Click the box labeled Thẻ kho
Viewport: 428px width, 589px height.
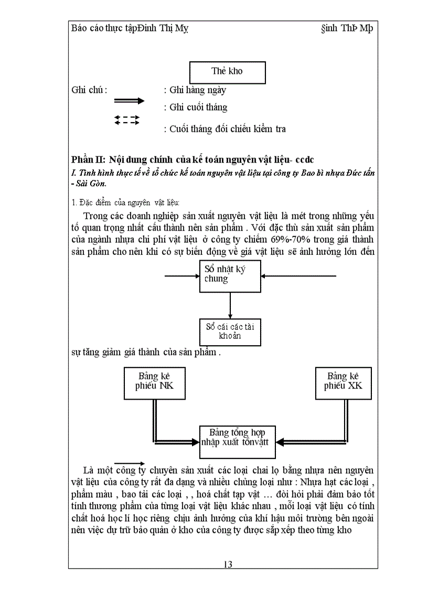[227, 72]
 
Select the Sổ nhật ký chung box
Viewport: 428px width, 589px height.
[230, 276]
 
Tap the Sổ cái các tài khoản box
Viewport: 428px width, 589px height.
[230, 331]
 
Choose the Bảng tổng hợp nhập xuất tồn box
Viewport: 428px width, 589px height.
[237, 437]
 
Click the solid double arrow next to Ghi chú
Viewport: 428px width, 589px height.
[129, 101]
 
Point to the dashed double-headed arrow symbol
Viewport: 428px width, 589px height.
[127, 120]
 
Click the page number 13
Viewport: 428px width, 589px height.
[228, 564]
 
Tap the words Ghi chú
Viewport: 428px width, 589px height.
[89, 90]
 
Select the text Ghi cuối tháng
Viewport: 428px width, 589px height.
[198, 108]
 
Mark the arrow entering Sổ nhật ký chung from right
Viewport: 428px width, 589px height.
[299, 275]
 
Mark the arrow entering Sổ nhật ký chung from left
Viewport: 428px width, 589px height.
[181, 275]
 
